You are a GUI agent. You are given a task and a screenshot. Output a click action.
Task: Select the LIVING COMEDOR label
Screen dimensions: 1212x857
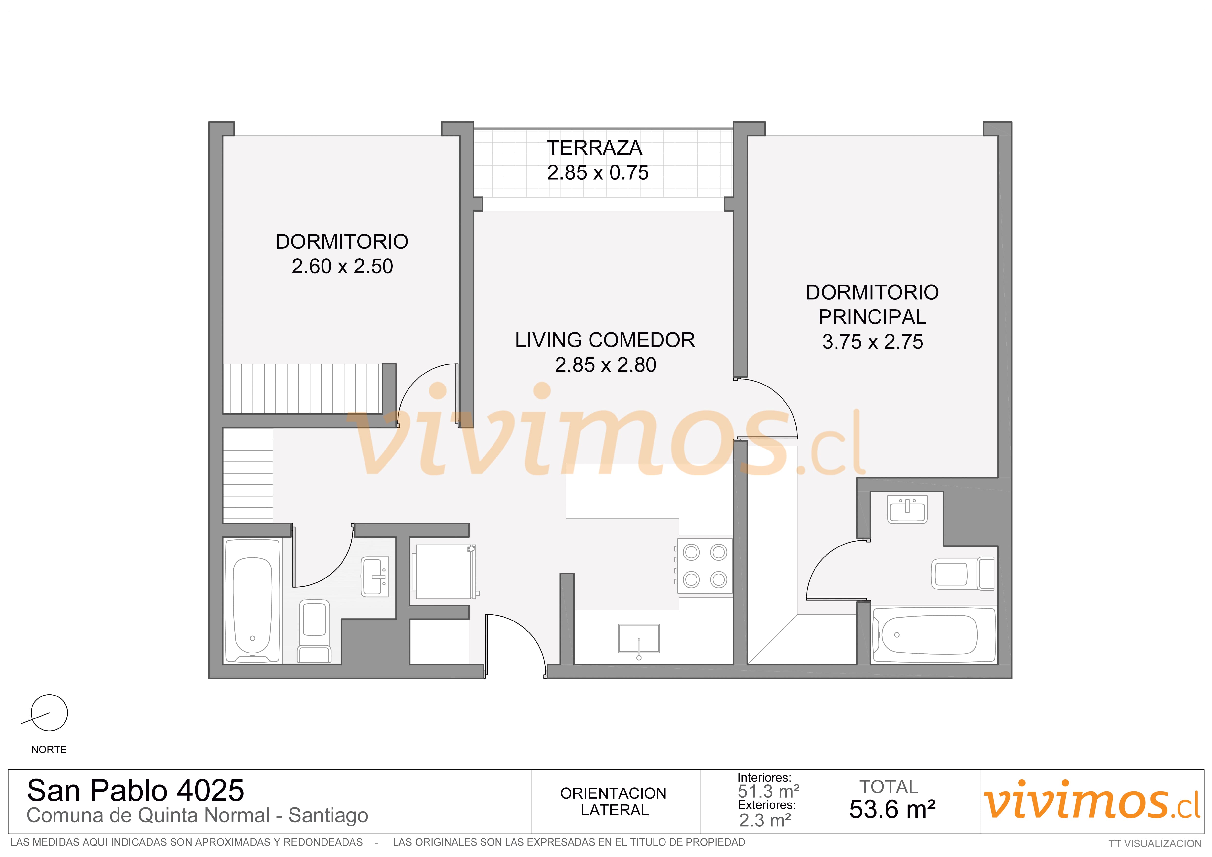[x=605, y=340]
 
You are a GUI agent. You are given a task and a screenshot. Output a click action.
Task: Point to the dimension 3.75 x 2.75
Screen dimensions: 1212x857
[x=873, y=342]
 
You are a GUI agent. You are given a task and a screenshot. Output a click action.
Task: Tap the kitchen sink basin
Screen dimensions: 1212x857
[x=639, y=639]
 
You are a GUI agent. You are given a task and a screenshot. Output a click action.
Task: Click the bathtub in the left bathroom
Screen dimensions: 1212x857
[x=252, y=600]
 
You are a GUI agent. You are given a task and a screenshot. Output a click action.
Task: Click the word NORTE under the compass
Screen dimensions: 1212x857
[x=49, y=750]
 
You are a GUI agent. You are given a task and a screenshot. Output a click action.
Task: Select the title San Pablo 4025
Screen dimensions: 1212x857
[x=136, y=791]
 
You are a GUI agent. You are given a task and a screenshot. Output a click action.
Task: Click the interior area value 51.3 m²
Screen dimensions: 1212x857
[x=769, y=792]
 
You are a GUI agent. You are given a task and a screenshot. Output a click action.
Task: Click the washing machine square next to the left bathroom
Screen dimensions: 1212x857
[x=444, y=571]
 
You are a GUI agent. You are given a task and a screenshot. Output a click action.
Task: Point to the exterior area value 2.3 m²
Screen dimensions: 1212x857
[x=765, y=821]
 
